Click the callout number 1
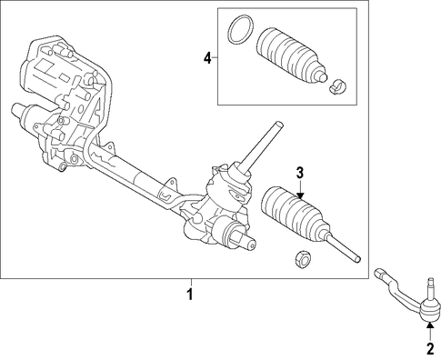pyautogui.click(x=190, y=295)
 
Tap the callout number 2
pyautogui.click(x=430, y=349)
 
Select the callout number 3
pyautogui.click(x=299, y=173)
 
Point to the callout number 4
pyautogui.click(x=207, y=57)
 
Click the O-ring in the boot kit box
pyautogui.click(x=240, y=30)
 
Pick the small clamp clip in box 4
pyautogui.click(x=337, y=86)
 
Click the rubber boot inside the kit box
pyautogui.click(x=292, y=55)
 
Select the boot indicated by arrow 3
pyautogui.click(x=296, y=215)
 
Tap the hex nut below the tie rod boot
pyautogui.click(x=303, y=260)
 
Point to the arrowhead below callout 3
pyautogui.click(x=300, y=195)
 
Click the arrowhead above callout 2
pyautogui.click(x=430, y=325)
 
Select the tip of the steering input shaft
pyautogui.click(x=279, y=124)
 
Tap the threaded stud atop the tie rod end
pyautogui.click(x=431, y=287)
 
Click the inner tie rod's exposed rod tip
pyautogui.click(x=357, y=259)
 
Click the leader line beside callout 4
pyautogui.click(x=215, y=57)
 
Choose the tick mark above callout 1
pyautogui.click(x=191, y=283)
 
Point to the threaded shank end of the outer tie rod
pyautogui.click(x=379, y=273)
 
